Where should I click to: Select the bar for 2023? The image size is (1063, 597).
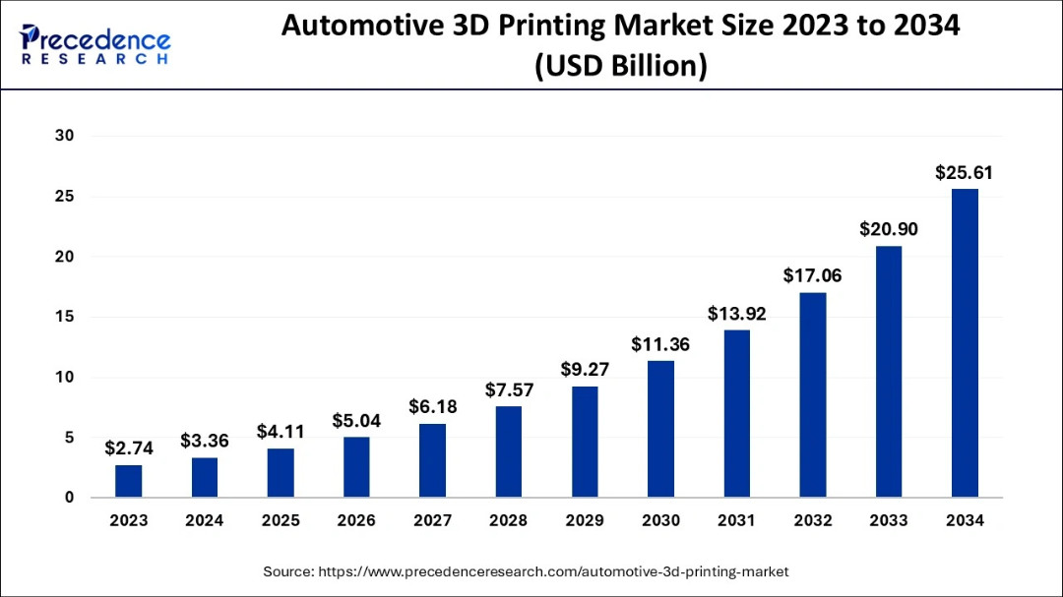click(128, 481)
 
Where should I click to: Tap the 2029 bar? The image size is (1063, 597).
click(585, 442)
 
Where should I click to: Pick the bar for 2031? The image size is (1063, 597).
click(736, 413)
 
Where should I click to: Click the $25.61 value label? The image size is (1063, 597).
click(964, 173)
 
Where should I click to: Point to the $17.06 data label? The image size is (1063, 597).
click(812, 276)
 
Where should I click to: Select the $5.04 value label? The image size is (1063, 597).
click(356, 421)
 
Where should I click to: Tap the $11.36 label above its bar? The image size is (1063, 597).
click(660, 345)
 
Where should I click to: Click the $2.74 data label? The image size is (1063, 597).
click(128, 448)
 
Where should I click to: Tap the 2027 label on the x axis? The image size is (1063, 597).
click(432, 521)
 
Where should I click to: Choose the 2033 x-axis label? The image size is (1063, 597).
click(889, 521)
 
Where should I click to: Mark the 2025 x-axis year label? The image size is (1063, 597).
click(281, 521)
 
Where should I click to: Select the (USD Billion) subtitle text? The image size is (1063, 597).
click(620, 67)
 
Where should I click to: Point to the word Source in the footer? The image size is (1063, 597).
click(287, 570)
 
